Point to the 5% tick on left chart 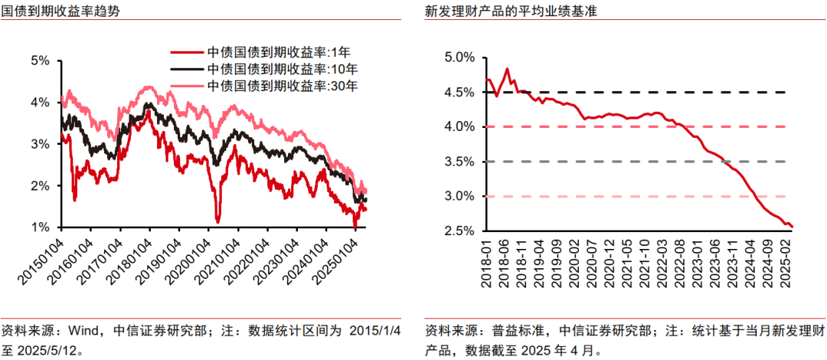click(x=40, y=60)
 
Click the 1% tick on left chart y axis click(x=40, y=227)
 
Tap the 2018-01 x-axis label click(x=487, y=265)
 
